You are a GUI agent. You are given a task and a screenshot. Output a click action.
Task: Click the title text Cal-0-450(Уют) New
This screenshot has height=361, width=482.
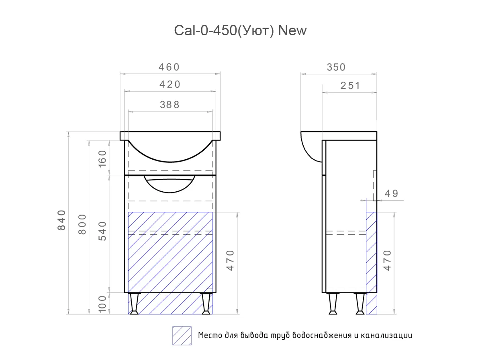tap(240, 31)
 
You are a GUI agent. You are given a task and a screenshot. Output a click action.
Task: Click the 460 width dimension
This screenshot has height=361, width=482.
tap(169, 67)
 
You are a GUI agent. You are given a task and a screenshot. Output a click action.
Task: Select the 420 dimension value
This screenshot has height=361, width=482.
tap(170, 85)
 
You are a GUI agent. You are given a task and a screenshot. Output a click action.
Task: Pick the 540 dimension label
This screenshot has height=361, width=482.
tap(103, 231)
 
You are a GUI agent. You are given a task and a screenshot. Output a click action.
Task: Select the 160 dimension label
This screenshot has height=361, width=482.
tap(103, 158)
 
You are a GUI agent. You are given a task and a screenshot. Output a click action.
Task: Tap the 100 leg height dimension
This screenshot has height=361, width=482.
tap(103, 304)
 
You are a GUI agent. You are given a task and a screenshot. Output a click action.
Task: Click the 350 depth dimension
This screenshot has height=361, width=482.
tap(336, 67)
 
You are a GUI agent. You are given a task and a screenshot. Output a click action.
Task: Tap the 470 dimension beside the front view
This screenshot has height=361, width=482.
tap(230, 260)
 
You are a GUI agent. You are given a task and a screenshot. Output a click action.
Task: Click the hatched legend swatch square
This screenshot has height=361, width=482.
tap(182, 336)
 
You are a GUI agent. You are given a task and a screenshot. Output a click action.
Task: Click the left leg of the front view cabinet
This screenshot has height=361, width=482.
tap(134, 303)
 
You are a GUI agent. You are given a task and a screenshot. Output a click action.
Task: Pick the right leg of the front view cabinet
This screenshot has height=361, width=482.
tap(206, 303)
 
